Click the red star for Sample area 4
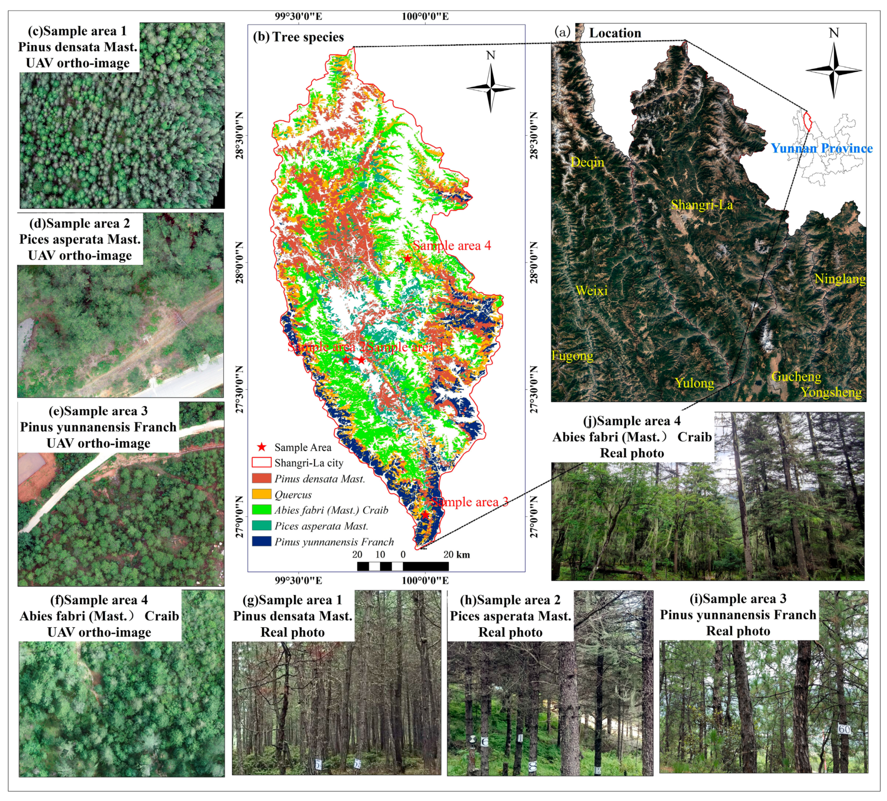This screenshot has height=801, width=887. coord(407,259)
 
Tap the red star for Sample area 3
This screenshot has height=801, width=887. coord(425,515)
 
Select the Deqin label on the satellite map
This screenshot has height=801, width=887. coord(587,162)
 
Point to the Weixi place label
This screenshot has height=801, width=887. coord(592,290)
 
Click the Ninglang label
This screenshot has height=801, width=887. coord(839,278)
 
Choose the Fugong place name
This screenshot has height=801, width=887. coord(572,355)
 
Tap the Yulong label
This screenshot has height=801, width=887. coord(694,383)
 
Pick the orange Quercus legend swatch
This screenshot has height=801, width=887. coord(261,494)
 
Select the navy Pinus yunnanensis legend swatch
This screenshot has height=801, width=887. coord(261,541)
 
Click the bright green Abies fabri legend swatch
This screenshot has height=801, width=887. coord(261,510)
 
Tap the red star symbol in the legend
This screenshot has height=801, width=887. coord(262,447)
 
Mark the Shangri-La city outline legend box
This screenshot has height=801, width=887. coord(261,463)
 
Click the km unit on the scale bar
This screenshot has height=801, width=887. coord(463,554)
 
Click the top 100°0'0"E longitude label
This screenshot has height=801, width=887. coord(425,17)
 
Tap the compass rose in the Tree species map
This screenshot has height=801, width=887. coord(491,88)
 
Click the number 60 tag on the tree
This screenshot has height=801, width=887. coord(844,729)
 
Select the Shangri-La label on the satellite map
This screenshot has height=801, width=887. coord(701,205)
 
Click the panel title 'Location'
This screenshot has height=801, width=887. coord(615,33)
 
